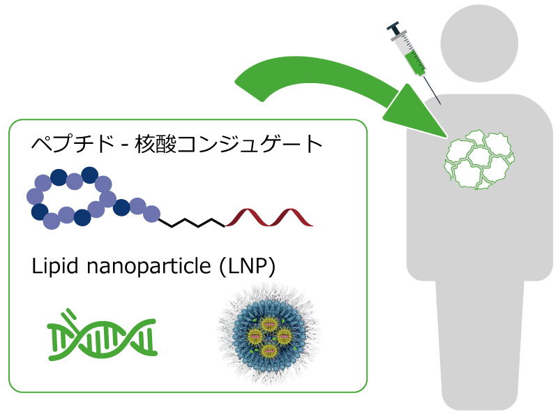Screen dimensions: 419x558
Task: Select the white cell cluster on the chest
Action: tap(479, 160)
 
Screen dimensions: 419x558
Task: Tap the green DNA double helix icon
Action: tap(101, 336)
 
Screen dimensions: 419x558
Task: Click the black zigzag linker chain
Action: tap(192, 223)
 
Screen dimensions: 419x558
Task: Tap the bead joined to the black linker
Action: tap(151, 214)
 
